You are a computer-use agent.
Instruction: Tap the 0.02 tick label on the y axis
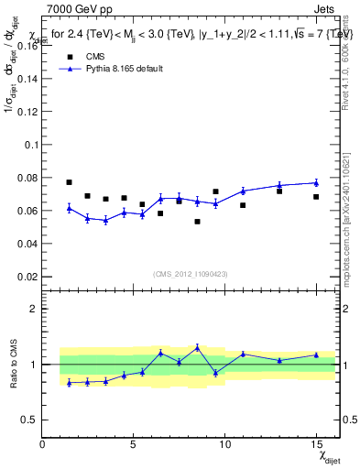tap(27, 276)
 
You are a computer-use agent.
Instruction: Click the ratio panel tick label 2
tap(33, 309)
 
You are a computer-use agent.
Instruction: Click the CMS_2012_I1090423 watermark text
tap(190, 273)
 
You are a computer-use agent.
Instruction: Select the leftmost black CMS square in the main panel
tap(70, 182)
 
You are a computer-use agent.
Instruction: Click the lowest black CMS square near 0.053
tap(197, 222)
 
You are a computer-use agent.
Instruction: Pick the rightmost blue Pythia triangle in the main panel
tap(316, 182)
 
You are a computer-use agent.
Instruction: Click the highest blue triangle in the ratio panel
tap(197, 347)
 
